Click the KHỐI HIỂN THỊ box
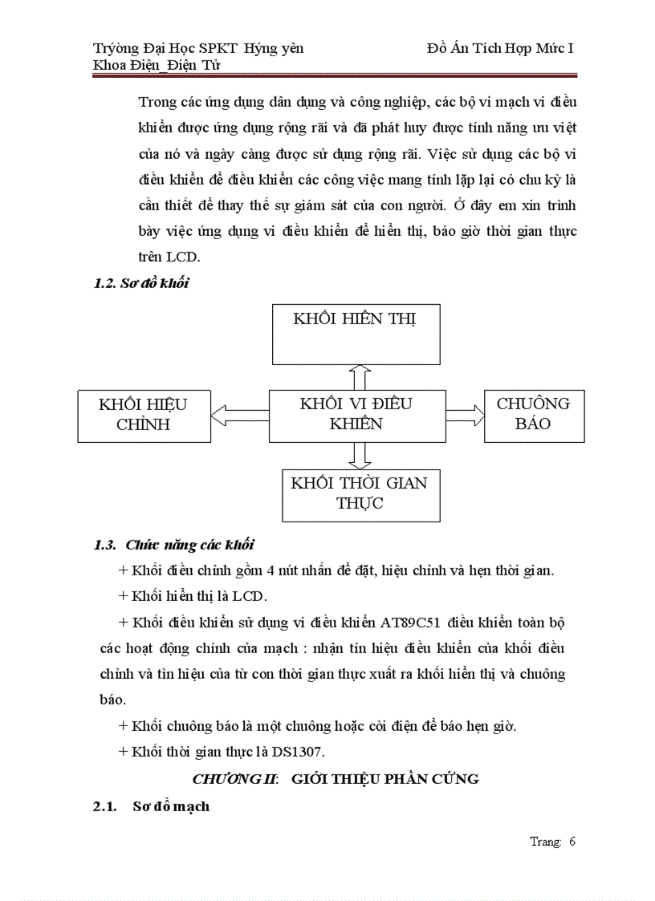click(x=356, y=334)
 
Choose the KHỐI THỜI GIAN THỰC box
click(x=360, y=493)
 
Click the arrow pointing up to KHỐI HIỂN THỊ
click(x=360, y=376)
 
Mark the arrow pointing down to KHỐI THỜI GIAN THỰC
click(x=360, y=453)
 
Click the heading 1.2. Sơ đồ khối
click(x=141, y=283)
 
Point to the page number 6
click(x=572, y=842)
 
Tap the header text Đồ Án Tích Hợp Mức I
click(x=501, y=48)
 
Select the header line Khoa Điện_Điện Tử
click(x=157, y=65)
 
